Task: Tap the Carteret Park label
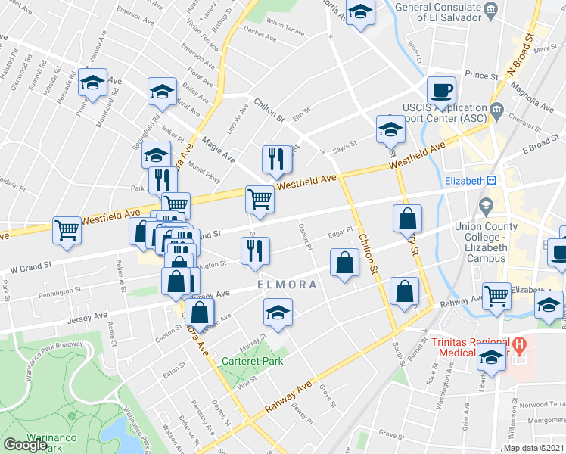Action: coord(253,361)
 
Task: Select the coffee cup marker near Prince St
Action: coord(441,92)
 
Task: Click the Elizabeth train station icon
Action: coord(491,181)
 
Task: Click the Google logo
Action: coord(25,444)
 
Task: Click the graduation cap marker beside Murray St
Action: coord(278,312)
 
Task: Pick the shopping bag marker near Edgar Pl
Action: coord(344,264)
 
